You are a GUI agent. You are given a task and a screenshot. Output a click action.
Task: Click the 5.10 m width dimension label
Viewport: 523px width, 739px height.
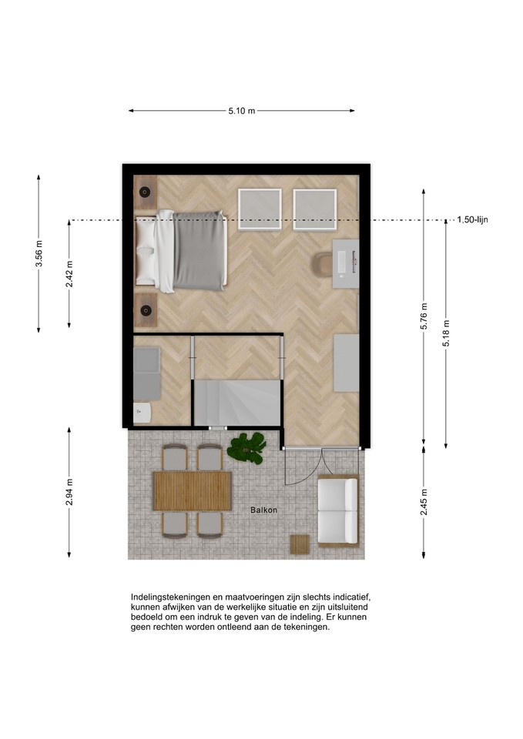pos(241,111)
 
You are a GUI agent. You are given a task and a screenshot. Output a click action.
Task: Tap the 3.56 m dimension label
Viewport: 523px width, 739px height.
pos(39,253)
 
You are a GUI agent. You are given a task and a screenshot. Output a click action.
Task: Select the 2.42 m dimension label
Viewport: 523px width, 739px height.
pos(69,274)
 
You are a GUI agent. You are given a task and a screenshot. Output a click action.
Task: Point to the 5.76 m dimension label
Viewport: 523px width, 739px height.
pos(424,316)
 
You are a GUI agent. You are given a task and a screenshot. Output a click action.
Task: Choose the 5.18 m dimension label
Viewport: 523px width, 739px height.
pos(446,333)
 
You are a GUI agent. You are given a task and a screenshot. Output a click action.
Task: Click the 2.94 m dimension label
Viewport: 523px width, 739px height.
pos(69,492)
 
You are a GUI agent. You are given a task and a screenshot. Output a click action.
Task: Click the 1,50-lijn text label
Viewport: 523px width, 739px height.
pos(472,219)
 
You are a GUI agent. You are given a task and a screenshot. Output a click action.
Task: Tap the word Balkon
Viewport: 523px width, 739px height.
pos(263,510)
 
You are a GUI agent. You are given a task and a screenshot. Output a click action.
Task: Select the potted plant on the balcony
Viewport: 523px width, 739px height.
pos(246,448)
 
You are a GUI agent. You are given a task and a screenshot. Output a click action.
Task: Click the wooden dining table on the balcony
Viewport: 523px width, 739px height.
pos(193,491)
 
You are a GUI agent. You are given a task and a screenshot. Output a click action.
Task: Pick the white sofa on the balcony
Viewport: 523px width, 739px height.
pos(338,511)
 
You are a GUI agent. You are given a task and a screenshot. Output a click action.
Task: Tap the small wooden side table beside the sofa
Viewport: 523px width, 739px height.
pos(300,544)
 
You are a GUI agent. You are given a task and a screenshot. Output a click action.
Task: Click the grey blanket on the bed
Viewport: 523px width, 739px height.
pos(199,250)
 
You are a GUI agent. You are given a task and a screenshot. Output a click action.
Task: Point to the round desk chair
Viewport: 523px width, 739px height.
pos(323,263)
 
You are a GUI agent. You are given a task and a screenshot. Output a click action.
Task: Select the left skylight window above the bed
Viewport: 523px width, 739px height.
pos(260,209)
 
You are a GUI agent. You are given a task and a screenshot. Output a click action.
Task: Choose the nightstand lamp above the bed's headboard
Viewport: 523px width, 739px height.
pos(145,192)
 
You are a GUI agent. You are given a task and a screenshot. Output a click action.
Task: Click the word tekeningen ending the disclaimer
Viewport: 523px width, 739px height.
pos(307,627)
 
